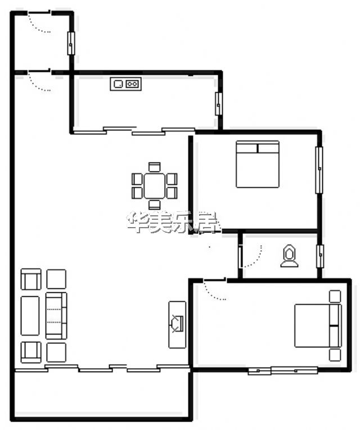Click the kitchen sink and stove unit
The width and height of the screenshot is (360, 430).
[125, 84]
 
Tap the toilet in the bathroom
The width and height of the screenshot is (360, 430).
[289, 256]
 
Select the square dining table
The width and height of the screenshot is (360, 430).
[155, 185]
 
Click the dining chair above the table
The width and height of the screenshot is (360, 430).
[155, 167]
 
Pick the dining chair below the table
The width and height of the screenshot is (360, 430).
[155, 205]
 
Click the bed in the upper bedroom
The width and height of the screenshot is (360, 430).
[258, 164]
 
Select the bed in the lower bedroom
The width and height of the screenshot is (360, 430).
[318, 325]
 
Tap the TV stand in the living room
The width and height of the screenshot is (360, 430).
[177, 325]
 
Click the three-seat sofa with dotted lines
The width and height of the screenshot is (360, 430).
[56, 316]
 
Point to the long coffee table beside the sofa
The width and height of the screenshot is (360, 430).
[30, 316]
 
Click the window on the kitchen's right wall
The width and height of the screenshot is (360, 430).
[218, 103]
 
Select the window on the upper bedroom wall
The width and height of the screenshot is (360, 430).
[319, 170]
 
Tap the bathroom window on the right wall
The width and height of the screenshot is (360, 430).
[320, 256]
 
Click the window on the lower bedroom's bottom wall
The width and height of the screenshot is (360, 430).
[283, 370]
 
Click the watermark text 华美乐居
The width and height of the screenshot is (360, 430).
[172, 223]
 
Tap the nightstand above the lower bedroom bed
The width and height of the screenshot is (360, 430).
[335, 296]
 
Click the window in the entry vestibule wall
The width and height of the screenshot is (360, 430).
[71, 43]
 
